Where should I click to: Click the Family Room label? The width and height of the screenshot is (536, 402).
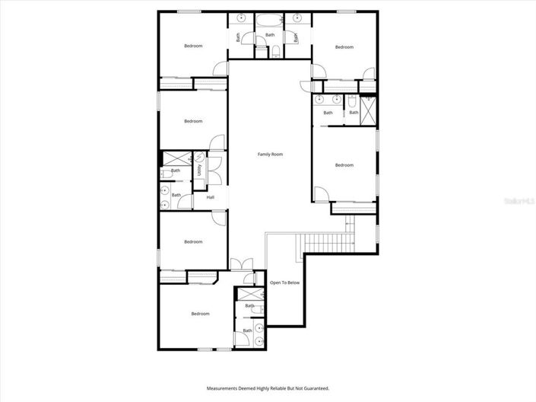click(270, 155)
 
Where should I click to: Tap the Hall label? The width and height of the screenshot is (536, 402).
click(210, 198)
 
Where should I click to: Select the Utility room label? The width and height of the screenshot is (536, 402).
click(199, 171)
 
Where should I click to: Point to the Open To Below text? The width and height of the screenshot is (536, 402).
click(285, 282)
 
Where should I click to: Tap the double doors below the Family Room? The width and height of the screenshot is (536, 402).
click(242, 264)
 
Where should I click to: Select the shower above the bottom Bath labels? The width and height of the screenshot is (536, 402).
click(248, 295)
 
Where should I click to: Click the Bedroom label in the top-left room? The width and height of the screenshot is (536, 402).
click(193, 46)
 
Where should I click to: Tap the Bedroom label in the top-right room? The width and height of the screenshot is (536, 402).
click(344, 47)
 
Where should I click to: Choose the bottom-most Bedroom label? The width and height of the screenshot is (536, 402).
click(200, 314)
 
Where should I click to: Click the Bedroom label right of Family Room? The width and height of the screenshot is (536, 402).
click(344, 165)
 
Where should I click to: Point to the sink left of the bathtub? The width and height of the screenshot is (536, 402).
click(241, 17)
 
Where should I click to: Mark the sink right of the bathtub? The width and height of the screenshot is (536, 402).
click(298, 17)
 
